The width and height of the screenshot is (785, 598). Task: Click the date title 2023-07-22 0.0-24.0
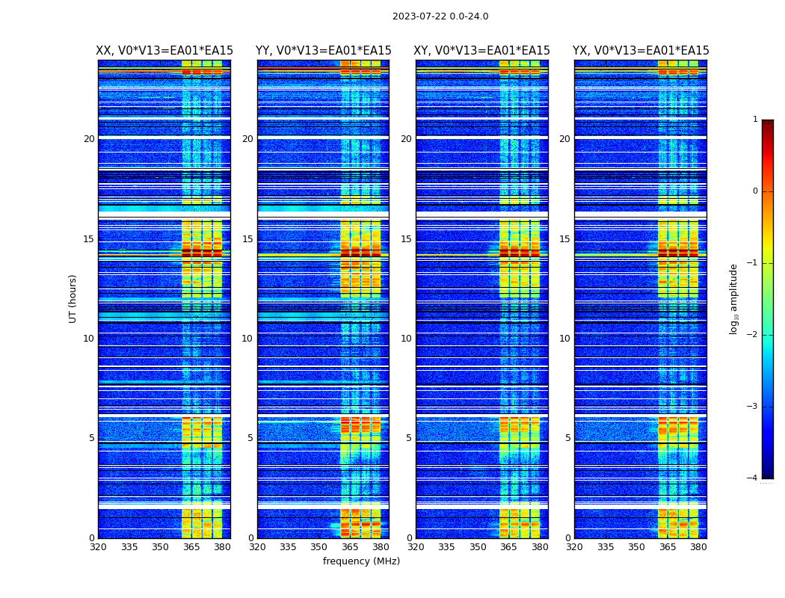tap(440, 16)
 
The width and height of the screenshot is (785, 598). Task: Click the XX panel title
tap(164, 51)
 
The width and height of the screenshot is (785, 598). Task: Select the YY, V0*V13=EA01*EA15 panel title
tap(323, 51)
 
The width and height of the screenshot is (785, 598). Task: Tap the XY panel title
tap(482, 51)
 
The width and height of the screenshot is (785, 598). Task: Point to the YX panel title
tap(641, 51)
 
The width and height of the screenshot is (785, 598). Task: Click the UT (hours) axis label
tap(73, 298)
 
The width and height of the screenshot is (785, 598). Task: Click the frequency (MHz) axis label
tap(361, 561)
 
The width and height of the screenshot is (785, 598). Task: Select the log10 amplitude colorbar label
tap(734, 298)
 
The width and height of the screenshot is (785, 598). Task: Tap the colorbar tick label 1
tap(755, 120)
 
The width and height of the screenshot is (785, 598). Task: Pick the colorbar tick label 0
tap(755, 191)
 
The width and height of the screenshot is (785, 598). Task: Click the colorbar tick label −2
tap(753, 335)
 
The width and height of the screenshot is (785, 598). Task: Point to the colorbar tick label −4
tap(753, 478)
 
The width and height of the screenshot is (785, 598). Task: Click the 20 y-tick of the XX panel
tap(89, 139)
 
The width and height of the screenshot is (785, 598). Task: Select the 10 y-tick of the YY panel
tap(247, 339)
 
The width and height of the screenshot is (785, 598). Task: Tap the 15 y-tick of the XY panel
tap(406, 239)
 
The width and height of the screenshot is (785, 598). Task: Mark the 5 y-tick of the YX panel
tap(567, 438)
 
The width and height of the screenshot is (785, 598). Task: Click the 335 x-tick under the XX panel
tap(129, 547)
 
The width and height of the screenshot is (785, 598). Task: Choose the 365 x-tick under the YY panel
tap(350, 547)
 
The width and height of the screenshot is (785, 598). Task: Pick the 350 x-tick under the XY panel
tap(478, 547)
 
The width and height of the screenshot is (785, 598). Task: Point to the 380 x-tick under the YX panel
tap(698, 547)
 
